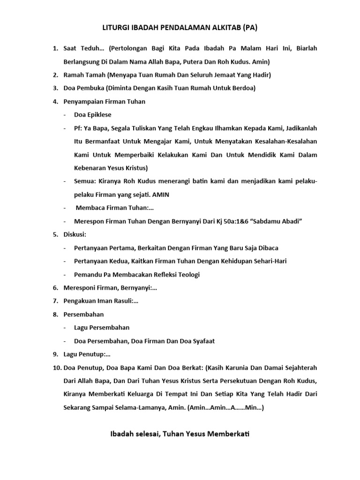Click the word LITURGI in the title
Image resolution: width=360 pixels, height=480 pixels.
116,28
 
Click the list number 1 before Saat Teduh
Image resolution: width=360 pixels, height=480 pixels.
54,48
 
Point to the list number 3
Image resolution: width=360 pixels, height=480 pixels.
54,88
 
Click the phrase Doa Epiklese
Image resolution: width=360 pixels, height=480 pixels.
93,115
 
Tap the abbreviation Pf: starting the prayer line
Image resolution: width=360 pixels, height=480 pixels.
78,128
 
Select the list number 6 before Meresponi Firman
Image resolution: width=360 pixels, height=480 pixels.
54,288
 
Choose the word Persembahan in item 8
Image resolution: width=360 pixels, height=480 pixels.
84,314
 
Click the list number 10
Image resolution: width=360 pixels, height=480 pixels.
55,368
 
